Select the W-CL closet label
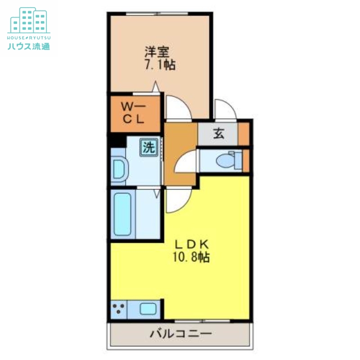(134, 113)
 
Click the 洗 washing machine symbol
(148, 147)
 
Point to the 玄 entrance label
(219, 134)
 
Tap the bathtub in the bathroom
(122, 214)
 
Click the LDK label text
(191, 245)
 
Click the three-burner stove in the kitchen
(119, 309)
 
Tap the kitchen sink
(148, 309)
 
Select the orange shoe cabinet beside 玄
(243, 134)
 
